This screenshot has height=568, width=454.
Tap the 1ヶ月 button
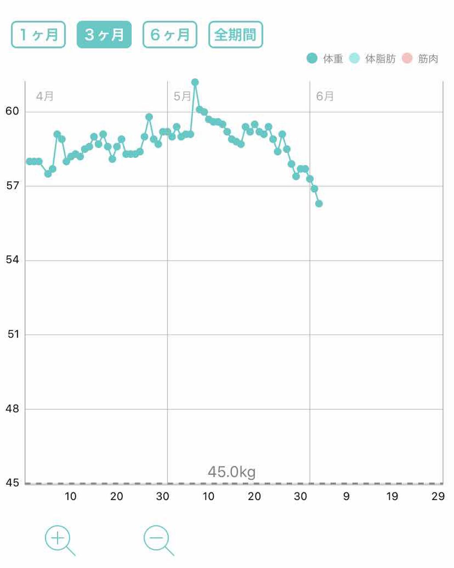(39, 35)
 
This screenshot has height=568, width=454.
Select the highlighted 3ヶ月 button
(104, 35)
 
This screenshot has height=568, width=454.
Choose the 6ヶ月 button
(170, 35)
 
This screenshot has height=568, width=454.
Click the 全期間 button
(235, 35)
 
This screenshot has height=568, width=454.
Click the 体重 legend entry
(325, 59)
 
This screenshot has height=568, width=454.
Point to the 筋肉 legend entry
(420, 59)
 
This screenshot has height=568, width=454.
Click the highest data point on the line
(195, 82)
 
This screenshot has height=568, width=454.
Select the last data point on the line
(319, 204)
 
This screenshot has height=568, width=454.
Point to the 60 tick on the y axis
(12, 111)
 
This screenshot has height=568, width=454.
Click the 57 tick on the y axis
(12, 185)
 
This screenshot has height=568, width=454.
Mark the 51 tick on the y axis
(13, 334)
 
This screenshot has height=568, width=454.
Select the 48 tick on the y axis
(12, 408)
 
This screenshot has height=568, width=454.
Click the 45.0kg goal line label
(231, 472)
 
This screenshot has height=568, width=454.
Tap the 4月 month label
(45, 96)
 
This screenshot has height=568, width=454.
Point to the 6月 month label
(325, 96)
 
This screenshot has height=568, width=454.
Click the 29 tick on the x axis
(438, 496)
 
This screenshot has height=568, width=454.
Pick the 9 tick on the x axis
(346, 496)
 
